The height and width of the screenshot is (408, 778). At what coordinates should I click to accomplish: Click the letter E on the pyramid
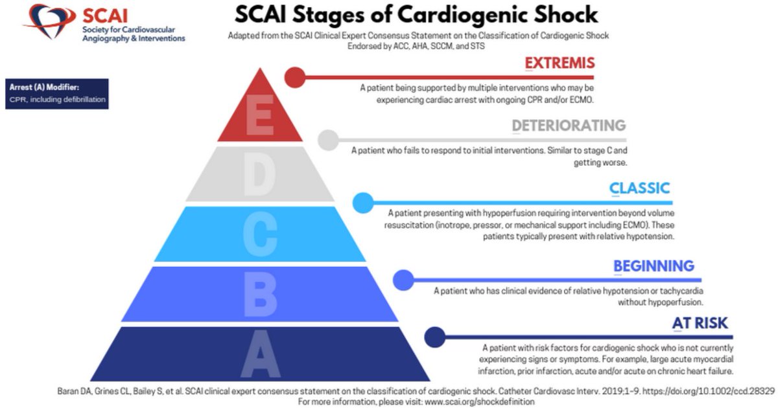click(x=260, y=115)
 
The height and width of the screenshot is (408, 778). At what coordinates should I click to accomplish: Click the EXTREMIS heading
click(x=560, y=63)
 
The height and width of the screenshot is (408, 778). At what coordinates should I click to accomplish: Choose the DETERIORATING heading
click(x=569, y=126)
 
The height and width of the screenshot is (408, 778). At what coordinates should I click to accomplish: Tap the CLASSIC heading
click(x=639, y=188)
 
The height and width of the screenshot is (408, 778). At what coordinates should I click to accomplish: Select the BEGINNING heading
click(x=654, y=266)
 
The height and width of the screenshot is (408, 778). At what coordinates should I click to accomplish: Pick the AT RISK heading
click(x=700, y=323)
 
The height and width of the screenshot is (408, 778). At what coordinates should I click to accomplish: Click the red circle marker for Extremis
click(x=295, y=77)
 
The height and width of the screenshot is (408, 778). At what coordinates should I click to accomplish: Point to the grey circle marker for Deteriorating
click(x=328, y=140)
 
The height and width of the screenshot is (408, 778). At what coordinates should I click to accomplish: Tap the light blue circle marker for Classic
click(x=363, y=203)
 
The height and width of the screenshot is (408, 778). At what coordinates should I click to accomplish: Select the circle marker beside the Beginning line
click(x=403, y=280)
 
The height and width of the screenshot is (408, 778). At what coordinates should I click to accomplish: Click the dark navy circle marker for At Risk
click(x=434, y=337)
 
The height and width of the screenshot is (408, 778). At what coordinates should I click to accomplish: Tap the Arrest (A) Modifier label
click(x=44, y=87)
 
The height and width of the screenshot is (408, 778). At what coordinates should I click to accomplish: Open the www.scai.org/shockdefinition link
click(x=479, y=402)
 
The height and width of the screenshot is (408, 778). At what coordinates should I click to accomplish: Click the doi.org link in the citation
click(x=709, y=391)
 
